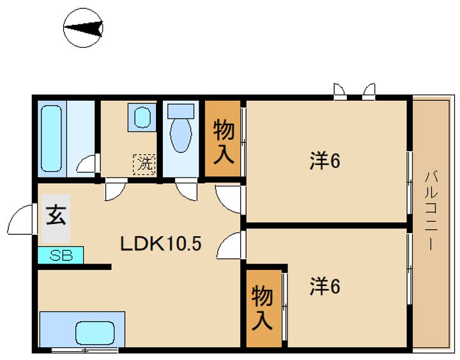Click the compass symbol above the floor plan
(84, 29)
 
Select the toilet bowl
(181, 131)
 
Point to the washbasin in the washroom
(142, 119)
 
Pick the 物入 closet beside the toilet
(222, 139)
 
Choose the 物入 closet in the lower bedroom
(262, 308)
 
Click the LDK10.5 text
(162, 243)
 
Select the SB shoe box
(60, 255)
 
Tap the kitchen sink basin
(94, 331)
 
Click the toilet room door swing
(188, 190)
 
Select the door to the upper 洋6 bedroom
(229, 198)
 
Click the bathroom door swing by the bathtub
(86, 165)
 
